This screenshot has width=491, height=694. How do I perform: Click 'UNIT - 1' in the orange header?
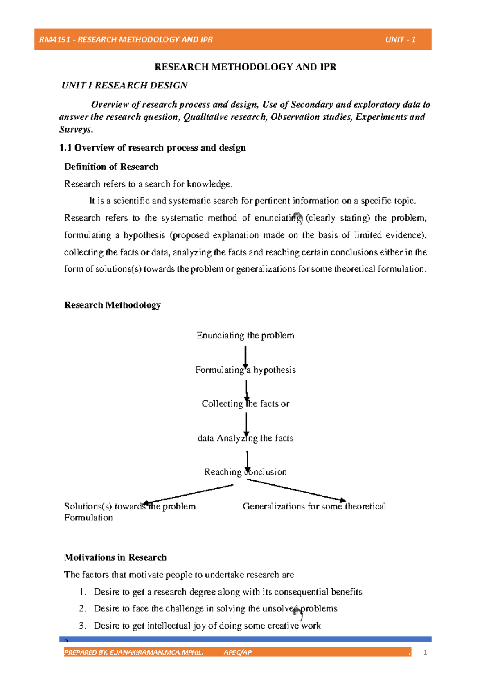[x=400, y=40]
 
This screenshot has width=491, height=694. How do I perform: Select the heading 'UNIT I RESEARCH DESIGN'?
[x=124, y=85]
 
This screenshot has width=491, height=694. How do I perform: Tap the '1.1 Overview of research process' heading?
[x=152, y=148]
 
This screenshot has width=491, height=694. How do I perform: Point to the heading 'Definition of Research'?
[x=111, y=167]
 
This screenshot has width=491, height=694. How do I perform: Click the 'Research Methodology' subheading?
[x=112, y=305]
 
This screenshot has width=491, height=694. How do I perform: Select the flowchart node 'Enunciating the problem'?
[x=245, y=336]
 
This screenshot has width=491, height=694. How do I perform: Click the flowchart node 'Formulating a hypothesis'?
[x=245, y=370]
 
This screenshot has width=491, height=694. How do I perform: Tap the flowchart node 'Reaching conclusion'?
[x=245, y=472]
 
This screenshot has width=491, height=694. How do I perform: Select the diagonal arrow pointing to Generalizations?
[x=297, y=490]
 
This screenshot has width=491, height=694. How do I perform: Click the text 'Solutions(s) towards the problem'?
[x=130, y=506]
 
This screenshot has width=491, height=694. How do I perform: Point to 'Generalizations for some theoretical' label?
[x=314, y=506]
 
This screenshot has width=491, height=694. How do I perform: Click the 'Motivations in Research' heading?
[x=115, y=557]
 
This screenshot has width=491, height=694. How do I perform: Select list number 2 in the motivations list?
[x=83, y=608]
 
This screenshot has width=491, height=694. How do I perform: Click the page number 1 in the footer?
[x=425, y=653]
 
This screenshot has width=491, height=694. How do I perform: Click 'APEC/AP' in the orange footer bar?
[x=237, y=653]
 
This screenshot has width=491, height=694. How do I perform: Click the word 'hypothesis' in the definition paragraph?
[x=144, y=235]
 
